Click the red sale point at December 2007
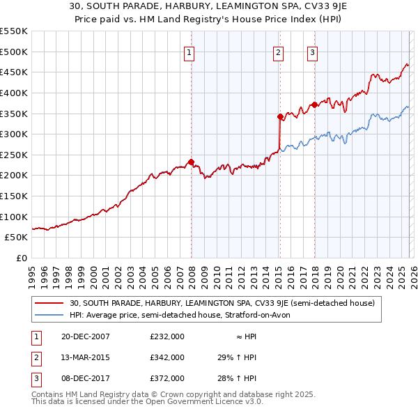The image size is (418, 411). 191,162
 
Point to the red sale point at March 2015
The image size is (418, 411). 280,116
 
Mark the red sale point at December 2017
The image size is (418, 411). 314,104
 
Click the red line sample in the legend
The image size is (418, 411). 49,303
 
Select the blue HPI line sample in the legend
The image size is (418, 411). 49,315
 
